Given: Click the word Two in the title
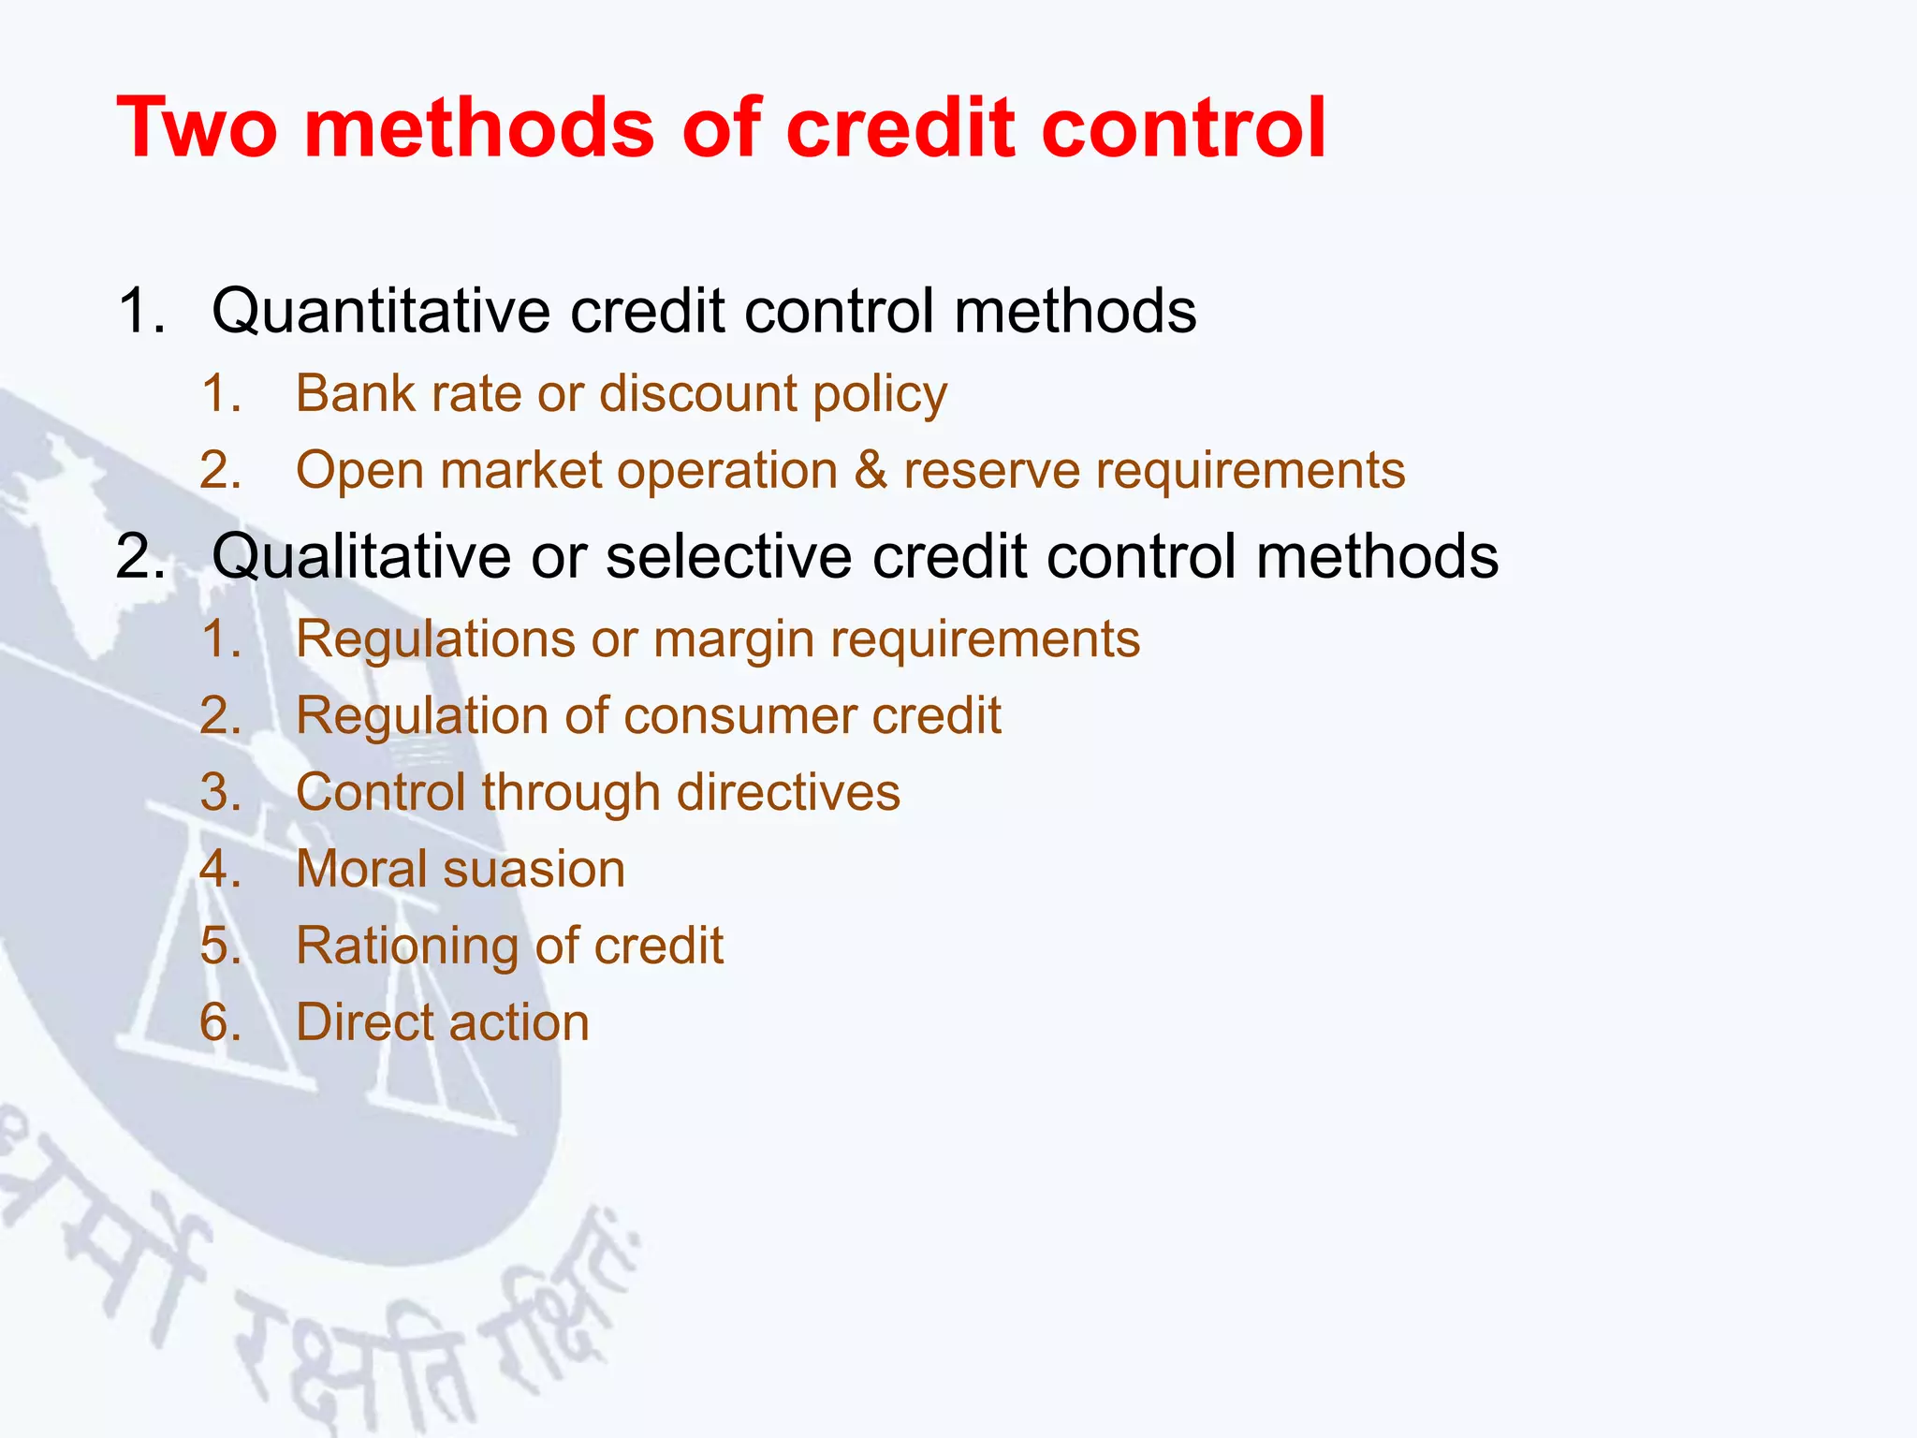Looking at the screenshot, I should (198, 128).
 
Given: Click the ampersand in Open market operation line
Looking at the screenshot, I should (871, 470).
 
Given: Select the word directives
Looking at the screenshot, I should (788, 793).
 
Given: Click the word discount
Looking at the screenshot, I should (697, 394).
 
